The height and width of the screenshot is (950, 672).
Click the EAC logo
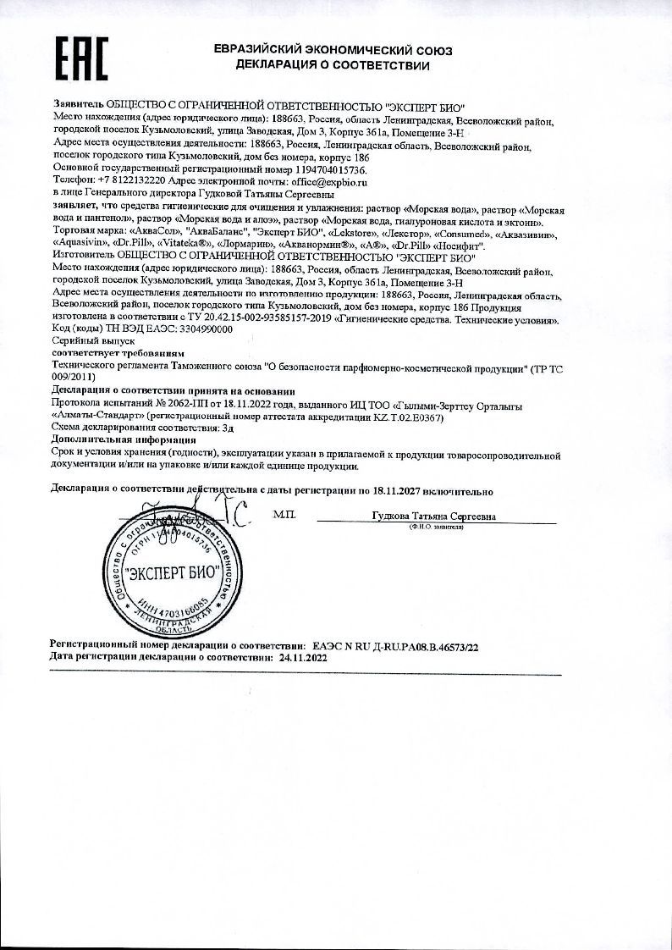coord(82,58)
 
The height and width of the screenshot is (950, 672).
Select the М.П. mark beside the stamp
coord(285,515)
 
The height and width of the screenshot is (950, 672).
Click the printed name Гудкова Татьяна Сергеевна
coord(433,516)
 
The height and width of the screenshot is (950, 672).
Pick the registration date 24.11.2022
coord(302,657)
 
